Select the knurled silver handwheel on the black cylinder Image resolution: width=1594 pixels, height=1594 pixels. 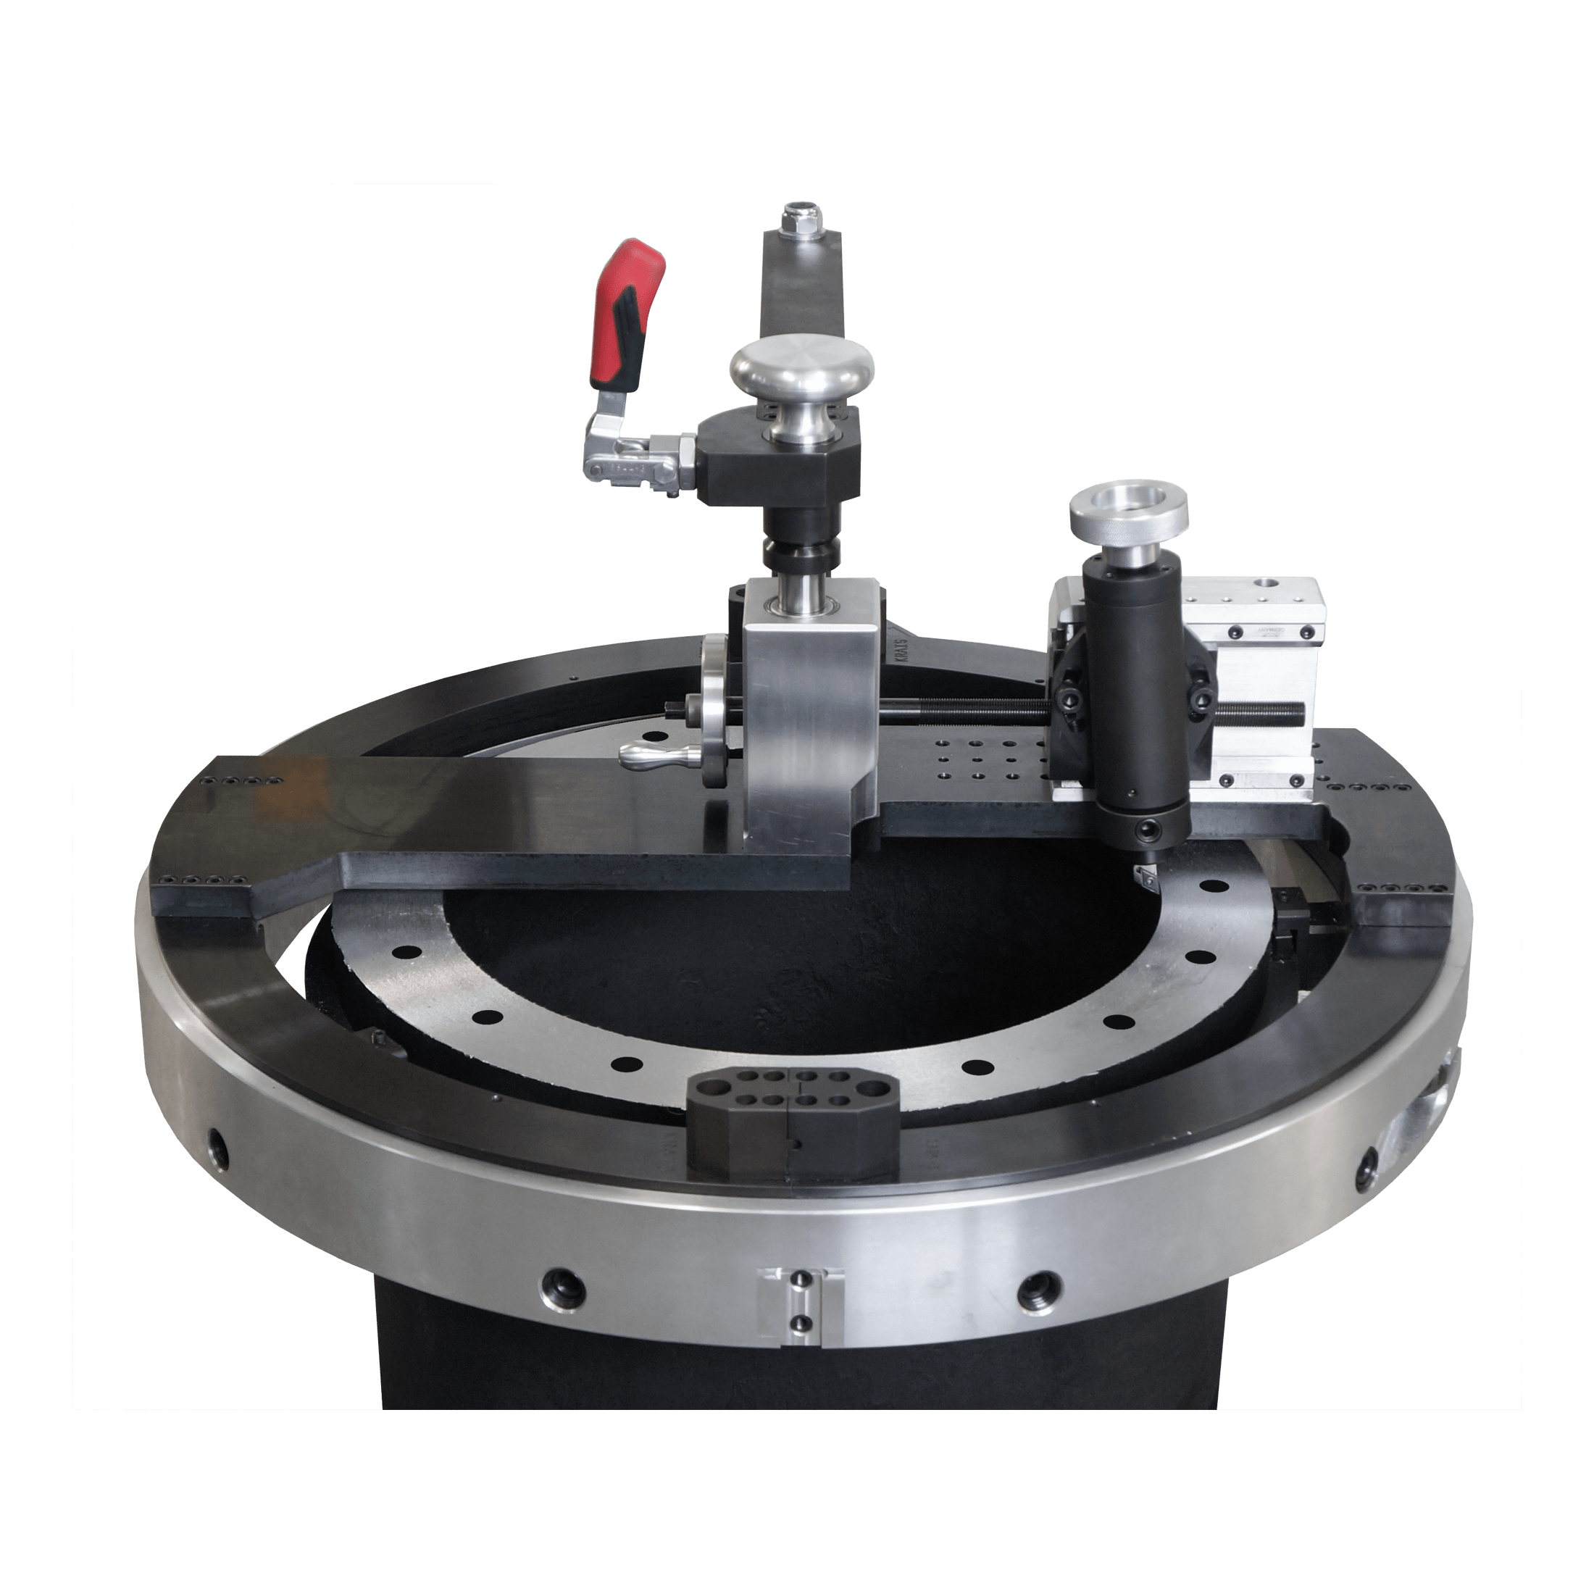click(x=1129, y=517)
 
